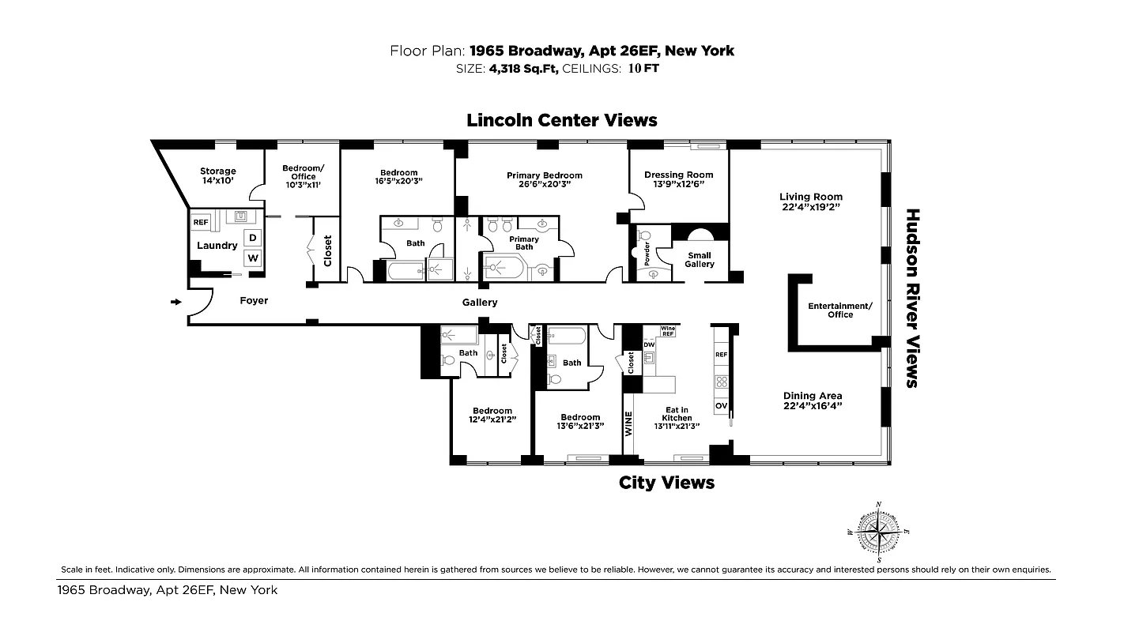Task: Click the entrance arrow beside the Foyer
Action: point(175,301)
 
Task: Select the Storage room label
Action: point(217,171)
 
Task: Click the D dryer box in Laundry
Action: point(253,238)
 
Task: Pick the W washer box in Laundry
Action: point(253,258)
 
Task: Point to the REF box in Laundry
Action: point(200,223)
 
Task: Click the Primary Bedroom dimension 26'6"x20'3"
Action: point(544,184)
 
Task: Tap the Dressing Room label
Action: point(678,175)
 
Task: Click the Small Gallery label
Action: point(699,259)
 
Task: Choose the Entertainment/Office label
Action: point(840,310)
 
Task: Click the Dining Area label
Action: point(812,396)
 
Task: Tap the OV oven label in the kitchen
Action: point(721,406)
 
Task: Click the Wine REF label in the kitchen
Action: point(668,331)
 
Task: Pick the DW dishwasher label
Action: point(649,344)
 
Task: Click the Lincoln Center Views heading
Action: point(561,120)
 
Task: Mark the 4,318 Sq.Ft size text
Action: point(524,69)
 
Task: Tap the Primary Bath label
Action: point(524,243)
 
